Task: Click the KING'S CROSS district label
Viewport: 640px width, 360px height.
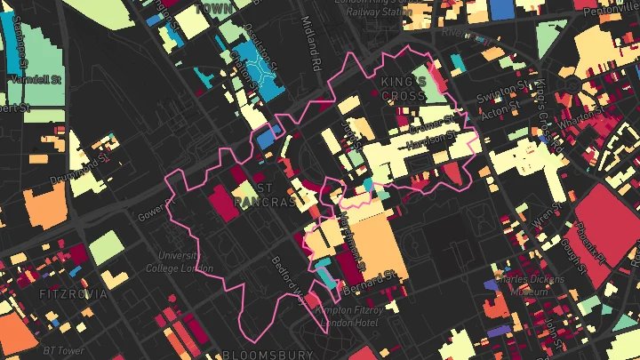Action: [x=404, y=88]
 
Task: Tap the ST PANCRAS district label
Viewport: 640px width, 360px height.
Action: [x=263, y=196]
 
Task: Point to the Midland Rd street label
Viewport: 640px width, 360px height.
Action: [x=310, y=44]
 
